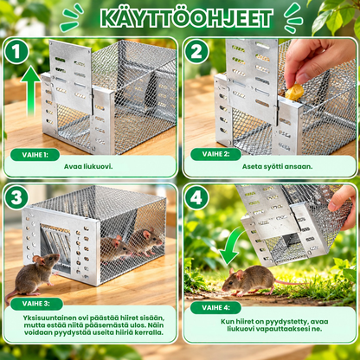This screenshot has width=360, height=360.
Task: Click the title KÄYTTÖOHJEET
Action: click(x=187, y=18)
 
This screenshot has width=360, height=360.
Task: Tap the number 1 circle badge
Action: click(x=16, y=52)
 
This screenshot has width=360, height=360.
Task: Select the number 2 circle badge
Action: click(x=196, y=52)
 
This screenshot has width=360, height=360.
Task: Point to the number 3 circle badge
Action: click(x=16, y=198)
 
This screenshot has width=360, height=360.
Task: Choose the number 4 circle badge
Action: click(x=196, y=198)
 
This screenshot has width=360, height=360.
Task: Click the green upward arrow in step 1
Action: click(x=30, y=92)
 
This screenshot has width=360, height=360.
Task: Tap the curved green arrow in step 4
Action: click(x=231, y=245)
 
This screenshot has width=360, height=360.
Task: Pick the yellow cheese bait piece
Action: click(x=294, y=93)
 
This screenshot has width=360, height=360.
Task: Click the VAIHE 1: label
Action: click(x=35, y=155)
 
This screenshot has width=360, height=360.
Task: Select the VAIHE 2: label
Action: click(x=215, y=154)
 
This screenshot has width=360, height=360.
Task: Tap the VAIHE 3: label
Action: click(x=36, y=304)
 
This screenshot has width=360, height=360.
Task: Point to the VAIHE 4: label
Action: click(x=215, y=307)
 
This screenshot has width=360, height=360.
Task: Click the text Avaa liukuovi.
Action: click(x=88, y=166)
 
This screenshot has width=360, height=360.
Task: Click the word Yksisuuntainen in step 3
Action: click(x=50, y=318)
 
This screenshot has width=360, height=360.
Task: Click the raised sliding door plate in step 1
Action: click(x=70, y=77)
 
